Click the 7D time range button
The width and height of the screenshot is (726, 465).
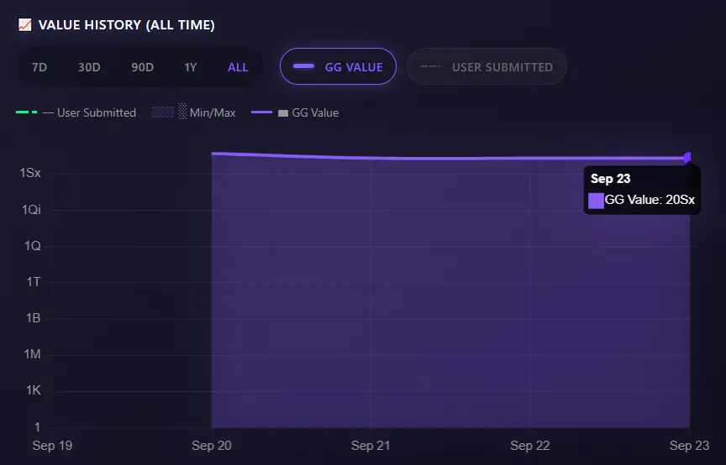pos(39,67)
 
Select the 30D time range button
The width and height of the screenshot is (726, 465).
pos(89,67)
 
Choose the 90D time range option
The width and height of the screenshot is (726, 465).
pos(142,67)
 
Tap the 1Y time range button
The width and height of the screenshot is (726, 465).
pos(191,67)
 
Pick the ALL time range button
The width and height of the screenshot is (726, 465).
pos(238,67)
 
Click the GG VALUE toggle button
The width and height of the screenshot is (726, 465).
pos(337,67)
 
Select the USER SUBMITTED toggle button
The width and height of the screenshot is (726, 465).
pos(487,67)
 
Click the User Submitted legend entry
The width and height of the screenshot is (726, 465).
pos(76,112)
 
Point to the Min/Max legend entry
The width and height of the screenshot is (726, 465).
pos(194,112)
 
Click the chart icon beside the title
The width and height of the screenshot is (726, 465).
pos(24,25)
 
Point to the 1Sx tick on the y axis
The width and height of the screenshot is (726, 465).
pos(30,173)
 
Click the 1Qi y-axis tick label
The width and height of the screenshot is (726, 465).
pos(31,210)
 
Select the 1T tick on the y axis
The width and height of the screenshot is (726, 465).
pos(34,282)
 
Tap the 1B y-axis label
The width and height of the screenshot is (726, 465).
pos(34,318)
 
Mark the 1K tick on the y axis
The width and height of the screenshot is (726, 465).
pos(33,391)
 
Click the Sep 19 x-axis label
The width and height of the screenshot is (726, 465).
pos(51,446)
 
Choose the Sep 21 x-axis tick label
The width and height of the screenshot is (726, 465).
pos(371,446)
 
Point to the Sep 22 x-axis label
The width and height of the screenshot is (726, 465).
pos(530,446)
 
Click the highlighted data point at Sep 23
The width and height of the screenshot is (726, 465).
pos(689,157)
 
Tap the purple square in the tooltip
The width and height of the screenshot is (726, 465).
pos(596,200)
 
